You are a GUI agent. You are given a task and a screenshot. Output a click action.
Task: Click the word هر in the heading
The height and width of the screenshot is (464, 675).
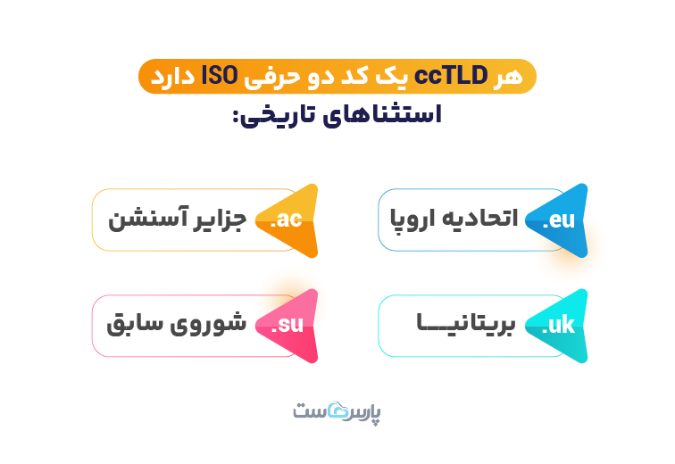click(511, 77)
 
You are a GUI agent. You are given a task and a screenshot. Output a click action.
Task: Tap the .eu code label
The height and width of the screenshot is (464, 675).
click(558, 220)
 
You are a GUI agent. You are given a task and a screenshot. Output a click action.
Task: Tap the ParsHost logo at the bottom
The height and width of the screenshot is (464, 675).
click(337, 413)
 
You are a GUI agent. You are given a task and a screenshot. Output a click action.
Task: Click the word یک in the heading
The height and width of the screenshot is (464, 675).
click(406, 77)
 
